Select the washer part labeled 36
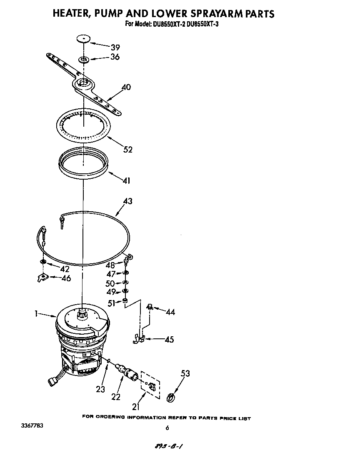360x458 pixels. point(84,60)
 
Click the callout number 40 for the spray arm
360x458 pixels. point(126,87)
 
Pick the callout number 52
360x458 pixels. point(127,149)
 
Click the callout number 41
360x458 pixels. point(126,180)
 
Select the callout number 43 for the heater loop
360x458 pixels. point(127,201)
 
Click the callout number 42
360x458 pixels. point(65,269)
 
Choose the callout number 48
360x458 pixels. point(110,265)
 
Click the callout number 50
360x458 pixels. point(110,283)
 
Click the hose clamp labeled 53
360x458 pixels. point(170,398)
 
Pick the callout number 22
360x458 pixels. point(115,397)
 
